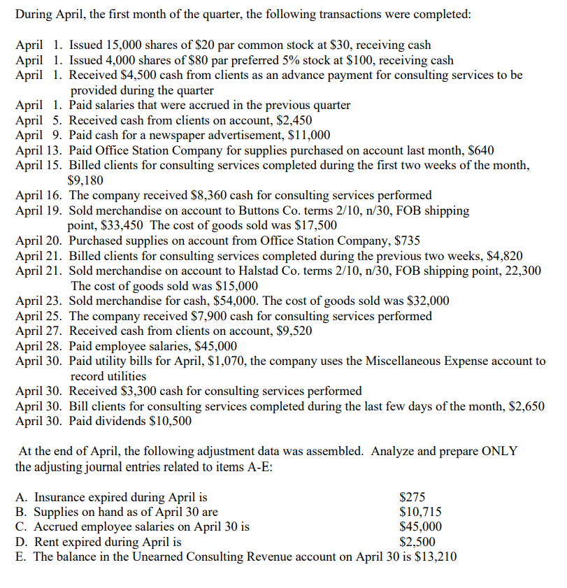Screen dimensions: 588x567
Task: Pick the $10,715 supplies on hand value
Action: pyautogui.click(x=419, y=512)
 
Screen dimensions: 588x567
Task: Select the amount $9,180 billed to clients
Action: pyautogui.click(x=86, y=180)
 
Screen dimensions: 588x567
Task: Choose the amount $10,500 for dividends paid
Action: pyautogui.click(x=171, y=422)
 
